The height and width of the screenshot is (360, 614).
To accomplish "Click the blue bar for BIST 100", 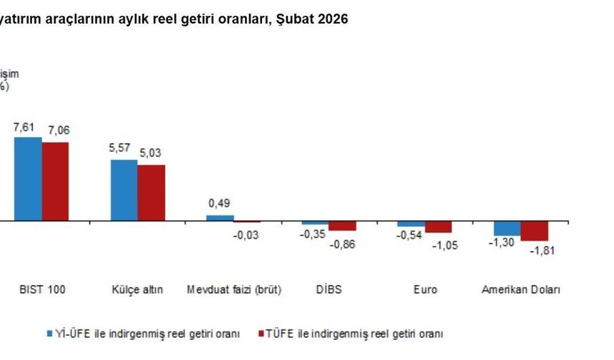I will [x=28, y=179].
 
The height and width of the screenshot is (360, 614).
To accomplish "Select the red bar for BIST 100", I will [x=55, y=181].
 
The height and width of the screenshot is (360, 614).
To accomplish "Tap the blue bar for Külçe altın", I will [x=124, y=190].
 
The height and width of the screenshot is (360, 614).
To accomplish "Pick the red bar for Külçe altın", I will [x=151, y=193].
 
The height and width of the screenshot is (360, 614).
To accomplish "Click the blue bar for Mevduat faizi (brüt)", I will [x=220, y=218].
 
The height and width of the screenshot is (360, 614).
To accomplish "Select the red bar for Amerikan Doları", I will [x=534, y=231].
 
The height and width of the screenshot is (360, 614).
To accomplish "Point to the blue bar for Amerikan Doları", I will [x=507, y=228].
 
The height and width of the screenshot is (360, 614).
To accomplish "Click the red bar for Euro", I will [x=438, y=227].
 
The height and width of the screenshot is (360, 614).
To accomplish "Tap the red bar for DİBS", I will [x=343, y=226].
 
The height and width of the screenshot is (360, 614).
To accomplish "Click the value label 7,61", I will [x=25, y=126].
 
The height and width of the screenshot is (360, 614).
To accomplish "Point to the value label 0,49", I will [x=219, y=204].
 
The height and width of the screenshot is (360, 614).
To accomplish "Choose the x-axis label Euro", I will [x=425, y=290].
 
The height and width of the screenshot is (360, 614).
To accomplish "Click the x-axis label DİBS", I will [x=328, y=290].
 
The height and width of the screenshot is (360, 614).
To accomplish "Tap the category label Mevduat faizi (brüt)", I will [x=234, y=290].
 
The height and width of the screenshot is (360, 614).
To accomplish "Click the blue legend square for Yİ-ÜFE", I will [x=50, y=334].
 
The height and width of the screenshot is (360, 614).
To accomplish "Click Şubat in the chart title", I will [x=298, y=19].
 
